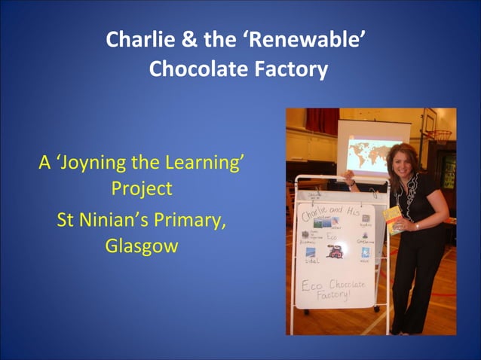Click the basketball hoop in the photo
click(x=440, y=137)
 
